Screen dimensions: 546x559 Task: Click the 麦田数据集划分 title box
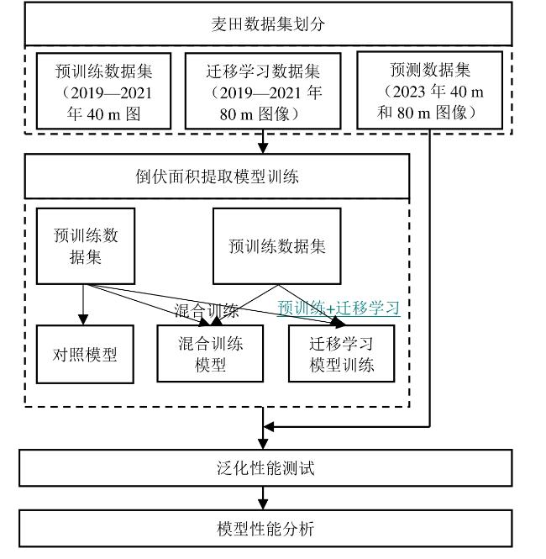[268, 24]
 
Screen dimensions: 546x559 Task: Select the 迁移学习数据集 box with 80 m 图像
[263, 91]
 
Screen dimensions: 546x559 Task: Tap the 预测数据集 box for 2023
[429, 90]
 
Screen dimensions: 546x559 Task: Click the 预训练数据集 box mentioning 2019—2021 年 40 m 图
[103, 91]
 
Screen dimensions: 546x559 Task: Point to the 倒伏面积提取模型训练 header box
[217, 177]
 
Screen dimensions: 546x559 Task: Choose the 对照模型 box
[85, 354]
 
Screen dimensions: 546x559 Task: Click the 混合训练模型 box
[210, 353]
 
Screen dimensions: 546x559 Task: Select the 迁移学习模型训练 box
[342, 353]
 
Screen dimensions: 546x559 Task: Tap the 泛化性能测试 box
[265, 467]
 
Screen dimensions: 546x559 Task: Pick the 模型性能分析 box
[265, 529]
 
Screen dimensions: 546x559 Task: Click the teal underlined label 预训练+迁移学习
[339, 308]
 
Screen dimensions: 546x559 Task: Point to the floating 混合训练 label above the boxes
[206, 311]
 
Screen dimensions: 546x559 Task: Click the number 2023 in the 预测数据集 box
[409, 92]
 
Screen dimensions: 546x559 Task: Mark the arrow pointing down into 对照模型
[83, 305]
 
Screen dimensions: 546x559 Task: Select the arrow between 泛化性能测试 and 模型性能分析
[263, 498]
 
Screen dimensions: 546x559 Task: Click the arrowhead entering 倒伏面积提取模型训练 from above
[263, 148]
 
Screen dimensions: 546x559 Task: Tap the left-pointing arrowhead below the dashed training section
[268, 426]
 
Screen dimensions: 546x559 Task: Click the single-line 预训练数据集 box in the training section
[276, 246]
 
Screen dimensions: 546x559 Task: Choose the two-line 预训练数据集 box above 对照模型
[86, 246]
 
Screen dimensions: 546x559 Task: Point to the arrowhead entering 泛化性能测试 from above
[263, 444]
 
